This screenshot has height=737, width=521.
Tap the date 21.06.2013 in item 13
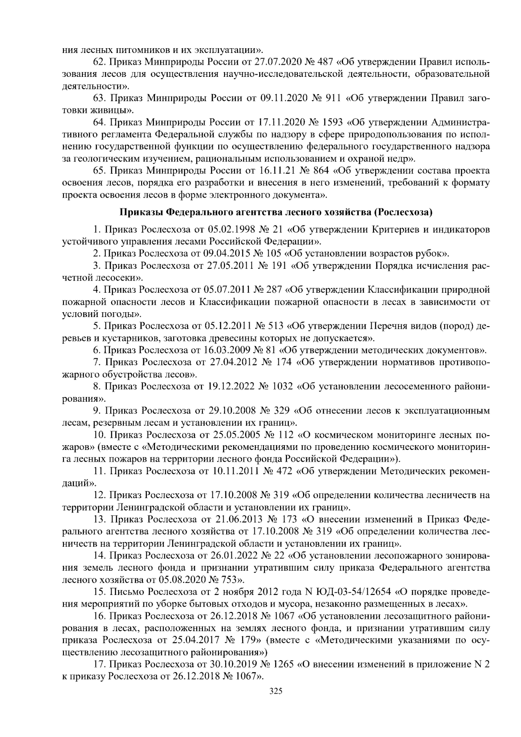click(235, 519)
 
